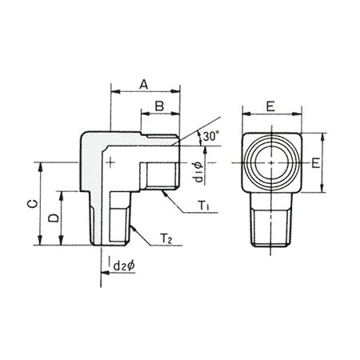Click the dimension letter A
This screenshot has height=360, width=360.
144,84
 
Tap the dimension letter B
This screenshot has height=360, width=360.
159,106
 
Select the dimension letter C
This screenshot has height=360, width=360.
33,204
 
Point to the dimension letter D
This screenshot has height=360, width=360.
54,218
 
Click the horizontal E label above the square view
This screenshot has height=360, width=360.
270,106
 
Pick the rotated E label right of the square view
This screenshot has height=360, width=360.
316,162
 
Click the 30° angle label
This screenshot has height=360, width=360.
211,136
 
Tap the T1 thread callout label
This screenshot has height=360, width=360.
204,206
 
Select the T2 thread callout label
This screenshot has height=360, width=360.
166,238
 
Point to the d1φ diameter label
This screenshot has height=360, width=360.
198,173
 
